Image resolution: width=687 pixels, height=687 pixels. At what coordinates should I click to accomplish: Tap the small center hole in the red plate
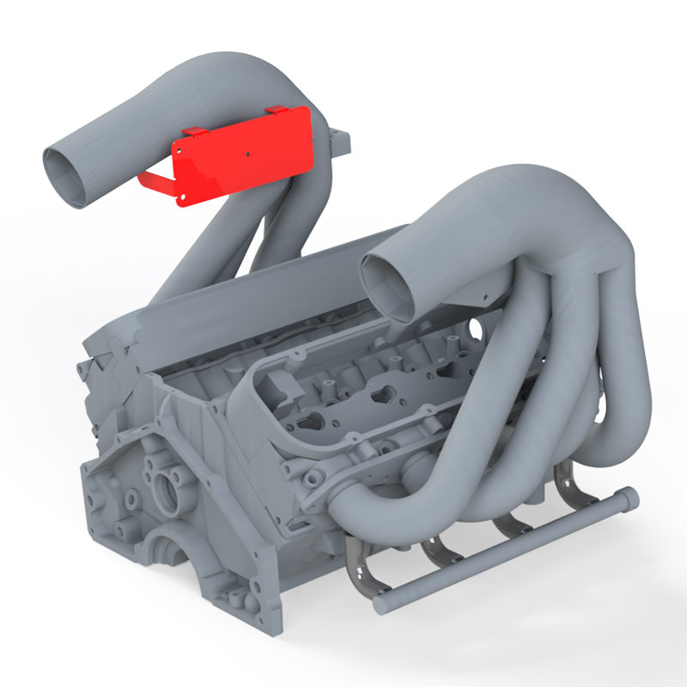point(248,155)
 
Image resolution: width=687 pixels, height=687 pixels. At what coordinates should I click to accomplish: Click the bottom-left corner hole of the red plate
point(182,198)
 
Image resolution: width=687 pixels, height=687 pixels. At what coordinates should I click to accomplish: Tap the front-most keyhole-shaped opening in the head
point(314,422)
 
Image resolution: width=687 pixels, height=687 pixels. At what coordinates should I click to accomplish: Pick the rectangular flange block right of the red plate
point(340,143)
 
